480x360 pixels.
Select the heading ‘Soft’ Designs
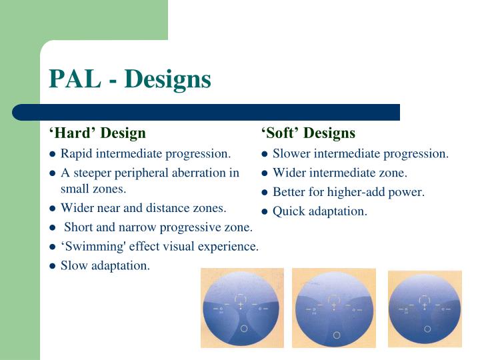click(x=308, y=133)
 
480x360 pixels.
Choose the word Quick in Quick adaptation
click(x=288, y=211)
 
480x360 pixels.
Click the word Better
click(x=290, y=193)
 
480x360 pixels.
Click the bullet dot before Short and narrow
click(x=53, y=228)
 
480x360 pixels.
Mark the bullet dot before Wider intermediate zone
click(x=265, y=174)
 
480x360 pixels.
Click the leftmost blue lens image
click(x=243, y=307)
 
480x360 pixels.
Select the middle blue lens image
click(x=334, y=308)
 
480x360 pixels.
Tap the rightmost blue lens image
click(x=424, y=308)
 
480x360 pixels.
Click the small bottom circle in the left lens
click(x=244, y=329)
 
